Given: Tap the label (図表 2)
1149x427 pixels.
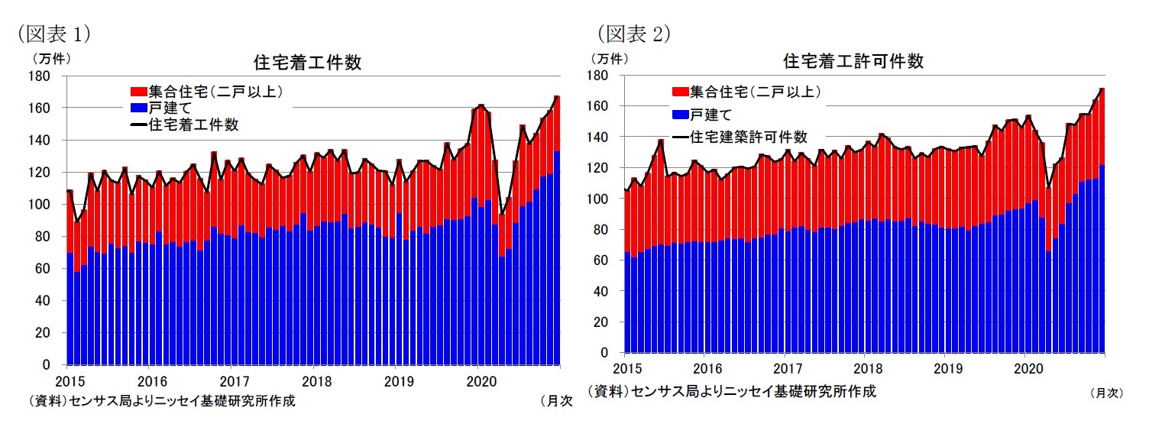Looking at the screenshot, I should point(633,34).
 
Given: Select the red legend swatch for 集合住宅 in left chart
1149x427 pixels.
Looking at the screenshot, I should point(140,92).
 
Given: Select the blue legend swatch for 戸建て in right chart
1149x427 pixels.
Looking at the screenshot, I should point(679,115).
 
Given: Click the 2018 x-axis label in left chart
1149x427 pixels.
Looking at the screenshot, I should point(315,380).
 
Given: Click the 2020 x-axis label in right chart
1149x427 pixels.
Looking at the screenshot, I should point(1024,368).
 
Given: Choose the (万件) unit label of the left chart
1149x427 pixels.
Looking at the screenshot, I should point(50,57).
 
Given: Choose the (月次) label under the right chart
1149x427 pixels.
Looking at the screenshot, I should point(1106,393).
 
